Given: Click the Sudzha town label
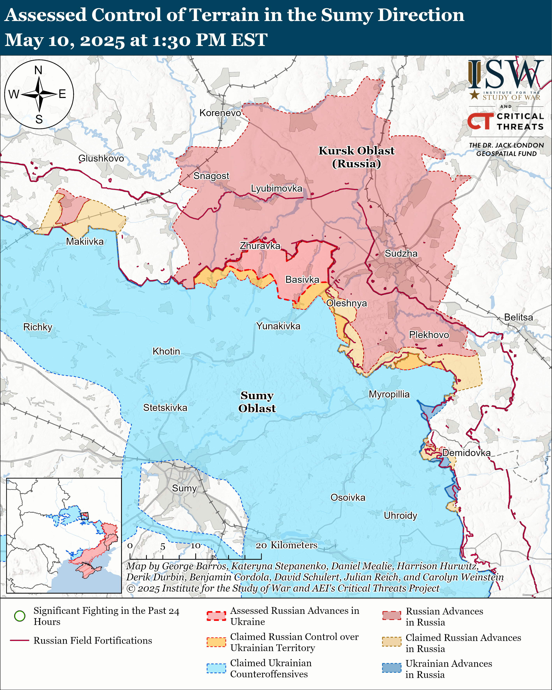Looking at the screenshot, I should click(401, 254).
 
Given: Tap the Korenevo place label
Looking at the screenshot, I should click(220, 113).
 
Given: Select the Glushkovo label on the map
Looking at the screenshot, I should click(101, 158).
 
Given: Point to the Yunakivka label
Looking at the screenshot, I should click(278, 326).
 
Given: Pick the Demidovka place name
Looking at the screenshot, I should click(466, 453).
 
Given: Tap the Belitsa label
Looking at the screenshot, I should click(518, 317).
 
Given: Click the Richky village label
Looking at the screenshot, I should click(38, 327).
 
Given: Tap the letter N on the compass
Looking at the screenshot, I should click(38, 70).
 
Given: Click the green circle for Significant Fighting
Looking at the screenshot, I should click(20, 616).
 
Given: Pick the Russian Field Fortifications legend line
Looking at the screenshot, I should click(20, 640).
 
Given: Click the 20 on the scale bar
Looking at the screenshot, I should click(261, 545).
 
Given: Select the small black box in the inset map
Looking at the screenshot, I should click(85, 516).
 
